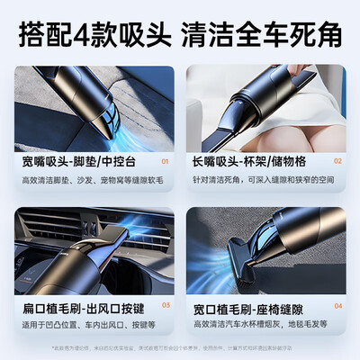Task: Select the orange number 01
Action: [x=162, y=162]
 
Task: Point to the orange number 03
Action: [x=162, y=305]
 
